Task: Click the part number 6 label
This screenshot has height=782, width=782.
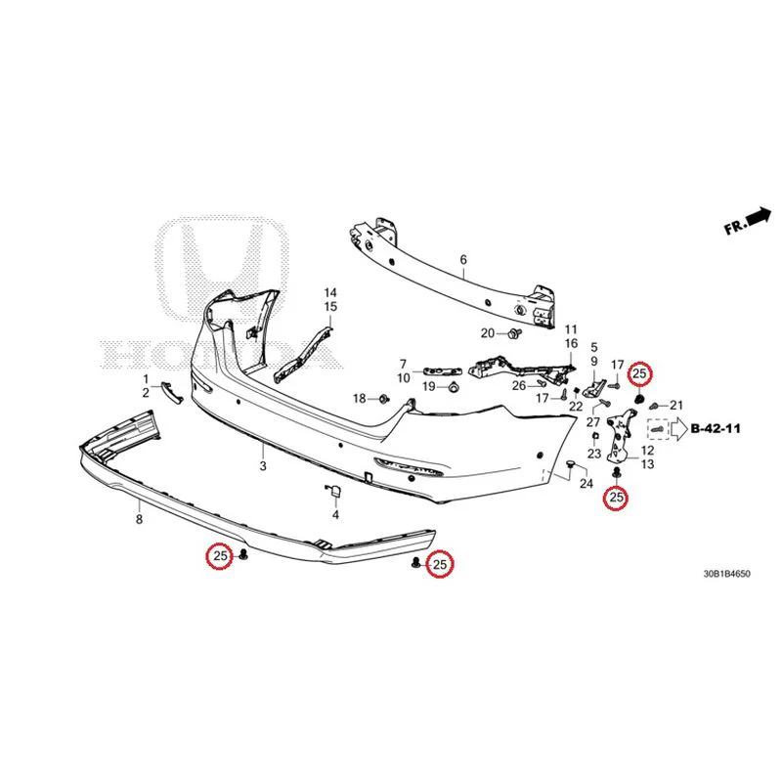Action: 463,259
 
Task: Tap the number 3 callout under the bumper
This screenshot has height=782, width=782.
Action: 263,466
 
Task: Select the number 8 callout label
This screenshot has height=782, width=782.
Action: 139,519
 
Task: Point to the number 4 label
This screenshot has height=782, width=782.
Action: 335,514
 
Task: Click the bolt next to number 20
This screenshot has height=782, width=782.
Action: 513,332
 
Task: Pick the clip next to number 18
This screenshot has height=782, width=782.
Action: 384,399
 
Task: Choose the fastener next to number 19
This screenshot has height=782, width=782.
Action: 453,386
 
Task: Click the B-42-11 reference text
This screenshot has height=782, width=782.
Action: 716,428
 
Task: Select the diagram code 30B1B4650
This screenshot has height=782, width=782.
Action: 726,574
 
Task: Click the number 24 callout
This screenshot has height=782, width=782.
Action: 586,483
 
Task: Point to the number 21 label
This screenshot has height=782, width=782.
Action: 675,405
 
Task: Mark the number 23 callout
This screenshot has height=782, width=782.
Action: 594,454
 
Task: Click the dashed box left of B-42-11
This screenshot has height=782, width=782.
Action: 658,429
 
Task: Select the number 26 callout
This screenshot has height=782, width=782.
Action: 519,385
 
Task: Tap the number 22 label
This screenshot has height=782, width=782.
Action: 576,407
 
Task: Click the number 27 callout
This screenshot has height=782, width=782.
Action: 593,422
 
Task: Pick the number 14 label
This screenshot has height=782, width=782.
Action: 330,292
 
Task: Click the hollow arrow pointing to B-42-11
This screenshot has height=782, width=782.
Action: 678,429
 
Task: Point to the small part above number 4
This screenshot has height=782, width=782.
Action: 333,491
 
